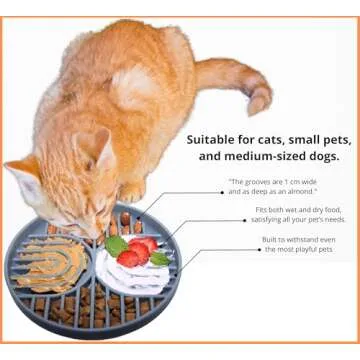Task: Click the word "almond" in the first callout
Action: click(303, 192)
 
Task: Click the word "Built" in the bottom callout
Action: click(269, 240)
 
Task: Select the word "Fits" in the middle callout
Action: click(262, 210)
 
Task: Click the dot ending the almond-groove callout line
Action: click(222, 192)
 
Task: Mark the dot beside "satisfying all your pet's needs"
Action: click(245, 220)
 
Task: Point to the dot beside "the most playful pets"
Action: click(259, 249)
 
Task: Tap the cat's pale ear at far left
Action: click(22, 178)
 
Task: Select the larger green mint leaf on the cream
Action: click(116, 246)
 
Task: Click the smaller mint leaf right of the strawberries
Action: click(161, 258)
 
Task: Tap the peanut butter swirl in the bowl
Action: click(52, 263)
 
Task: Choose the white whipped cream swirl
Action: click(132, 273)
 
